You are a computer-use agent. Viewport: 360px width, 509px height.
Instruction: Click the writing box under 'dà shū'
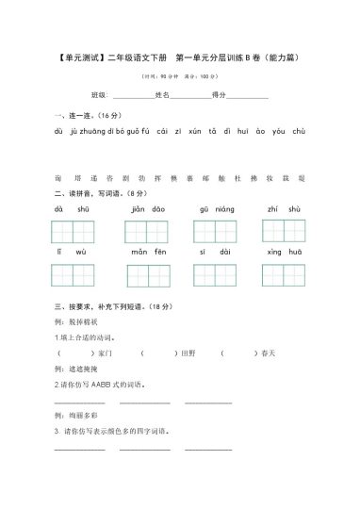(73, 232)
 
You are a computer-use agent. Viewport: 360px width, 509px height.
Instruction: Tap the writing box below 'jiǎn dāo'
(148, 232)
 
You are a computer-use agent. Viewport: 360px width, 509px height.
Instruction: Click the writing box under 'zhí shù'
(283, 232)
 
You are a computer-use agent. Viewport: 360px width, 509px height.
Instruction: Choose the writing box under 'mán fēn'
(148, 275)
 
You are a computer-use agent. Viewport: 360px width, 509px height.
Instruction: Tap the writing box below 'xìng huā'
(283, 275)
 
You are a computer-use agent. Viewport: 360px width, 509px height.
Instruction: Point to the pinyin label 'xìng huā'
(283, 253)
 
